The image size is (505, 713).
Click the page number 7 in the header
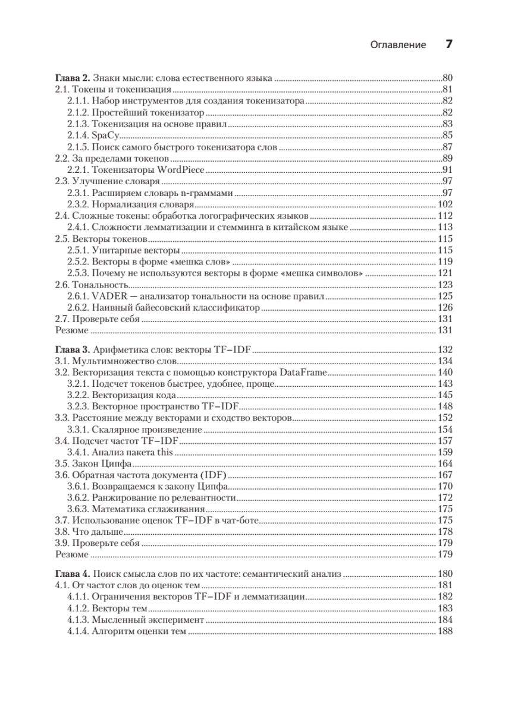[x=450, y=45]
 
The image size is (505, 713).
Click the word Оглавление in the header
[x=398, y=45]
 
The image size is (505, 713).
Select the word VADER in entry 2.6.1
[x=108, y=296]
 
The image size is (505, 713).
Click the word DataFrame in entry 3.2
[x=303, y=372]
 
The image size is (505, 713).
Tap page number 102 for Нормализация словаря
[x=446, y=204]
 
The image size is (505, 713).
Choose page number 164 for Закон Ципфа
[x=446, y=463]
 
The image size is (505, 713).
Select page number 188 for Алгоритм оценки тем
[x=446, y=632]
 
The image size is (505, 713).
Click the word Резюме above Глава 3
[x=71, y=330]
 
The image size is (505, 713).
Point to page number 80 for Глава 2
[x=448, y=78]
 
